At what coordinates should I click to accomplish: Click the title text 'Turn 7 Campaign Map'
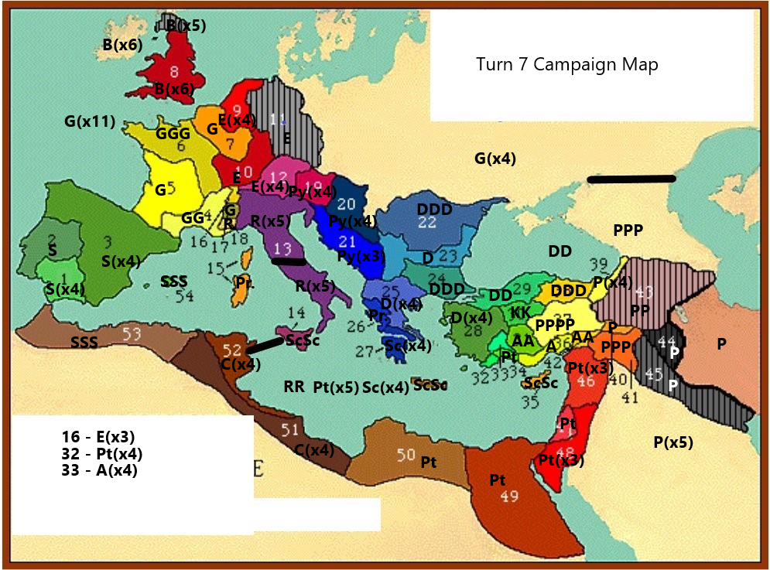pyautogui.click(x=566, y=64)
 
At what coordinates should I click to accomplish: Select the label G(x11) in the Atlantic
pyautogui.click(x=90, y=121)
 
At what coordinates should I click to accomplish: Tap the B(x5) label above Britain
pyautogui.click(x=186, y=26)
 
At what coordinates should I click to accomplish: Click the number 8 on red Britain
pyautogui.click(x=174, y=72)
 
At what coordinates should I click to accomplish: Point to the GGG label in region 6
pyautogui.click(x=173, y=134)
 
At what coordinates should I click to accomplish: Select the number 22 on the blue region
pyautogui.click(x=427, y=223)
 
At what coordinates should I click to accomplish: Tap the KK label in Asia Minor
pyautogui.click(x=520, y=312)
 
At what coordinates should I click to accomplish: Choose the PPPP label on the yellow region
pyautogui.click(x=555, y=325)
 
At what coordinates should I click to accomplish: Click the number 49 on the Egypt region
pyautogui.click(x=508, y=497)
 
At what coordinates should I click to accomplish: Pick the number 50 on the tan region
pyautogui.click(x=406, y=453)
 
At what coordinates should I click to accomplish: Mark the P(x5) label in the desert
pyautogui.click(x=672, y=442)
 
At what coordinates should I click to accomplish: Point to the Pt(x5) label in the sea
pyautogui.click(x=336, y=387)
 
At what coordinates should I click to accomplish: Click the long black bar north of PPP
pyautogui.click(x=631, y=179)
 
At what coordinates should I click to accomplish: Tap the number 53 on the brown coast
pyautogui.click(x=132, y=333)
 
